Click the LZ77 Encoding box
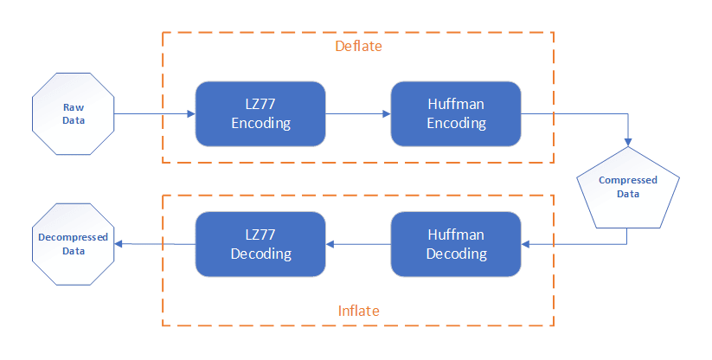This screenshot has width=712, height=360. [260, 114]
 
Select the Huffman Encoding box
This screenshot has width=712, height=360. [456, 114]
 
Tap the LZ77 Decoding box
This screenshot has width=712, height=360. [260, 244]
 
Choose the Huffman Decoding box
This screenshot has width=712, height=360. [456, 244]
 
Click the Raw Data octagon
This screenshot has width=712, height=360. [74, 114]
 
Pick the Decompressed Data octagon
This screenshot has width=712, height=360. [74, 244]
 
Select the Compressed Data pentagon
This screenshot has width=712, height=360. [628, 188]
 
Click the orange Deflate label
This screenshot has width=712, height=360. [358, 46]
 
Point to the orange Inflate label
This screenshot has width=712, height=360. [358, 311]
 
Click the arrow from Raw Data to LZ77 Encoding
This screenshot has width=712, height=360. [155, 114]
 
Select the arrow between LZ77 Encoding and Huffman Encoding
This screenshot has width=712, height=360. [358, 114]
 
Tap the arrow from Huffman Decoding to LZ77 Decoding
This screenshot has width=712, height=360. [358, 244]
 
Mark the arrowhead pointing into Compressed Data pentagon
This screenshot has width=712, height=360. [628, 142]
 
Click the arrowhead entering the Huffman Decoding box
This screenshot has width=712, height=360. [525, 244]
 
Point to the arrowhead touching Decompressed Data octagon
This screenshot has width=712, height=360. [119, 244]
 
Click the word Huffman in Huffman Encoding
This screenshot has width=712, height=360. [456, 104]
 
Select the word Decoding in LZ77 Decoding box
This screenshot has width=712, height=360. [261, 254]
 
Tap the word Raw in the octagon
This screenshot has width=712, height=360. [74, 107]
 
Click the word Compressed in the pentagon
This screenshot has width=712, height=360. [628, 180]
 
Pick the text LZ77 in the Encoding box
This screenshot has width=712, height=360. [260, 104]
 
